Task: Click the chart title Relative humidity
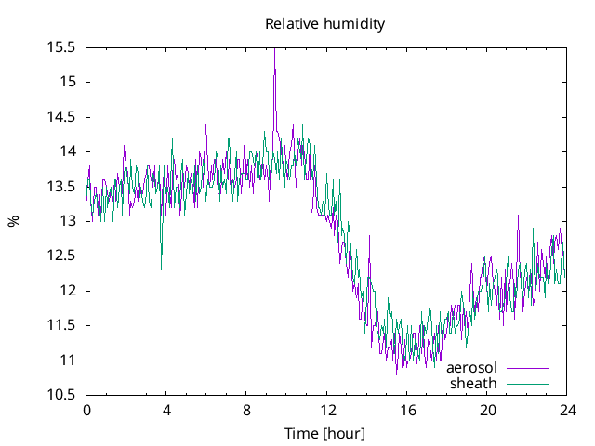pos(324,23)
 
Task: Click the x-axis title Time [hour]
pos(324,433)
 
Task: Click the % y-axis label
pos(13,221)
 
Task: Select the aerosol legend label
pos(471,368)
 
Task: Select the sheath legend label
pos(474,383)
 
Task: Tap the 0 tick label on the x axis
pos(87,411)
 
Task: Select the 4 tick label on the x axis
pos(167,411)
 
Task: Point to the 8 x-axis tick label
pos(247,411)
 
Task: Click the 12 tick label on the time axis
pos(327,411)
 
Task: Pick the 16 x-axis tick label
pos(407,411)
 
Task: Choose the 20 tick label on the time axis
pos(487,411)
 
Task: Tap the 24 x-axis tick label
pos(567,411)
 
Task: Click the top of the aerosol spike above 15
pos(274,49)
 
